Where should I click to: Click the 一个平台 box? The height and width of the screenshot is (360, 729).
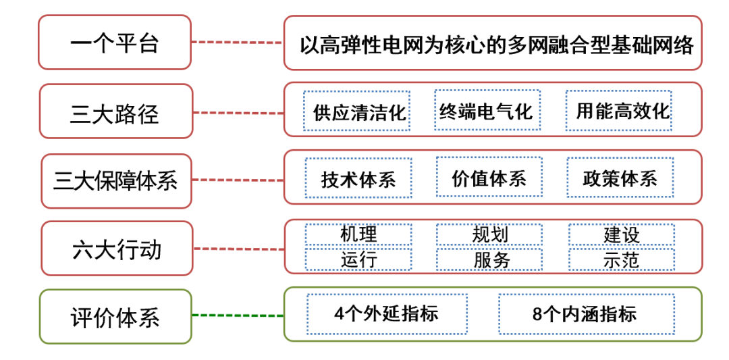(x=115, y=43)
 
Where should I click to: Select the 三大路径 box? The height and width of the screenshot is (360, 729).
(x=116, y=111)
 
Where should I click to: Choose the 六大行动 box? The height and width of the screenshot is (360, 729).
(x=117, y=249)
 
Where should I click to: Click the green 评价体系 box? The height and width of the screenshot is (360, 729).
(x=115, y=317)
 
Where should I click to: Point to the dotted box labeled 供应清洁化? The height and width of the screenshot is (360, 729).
(x=356, y=111)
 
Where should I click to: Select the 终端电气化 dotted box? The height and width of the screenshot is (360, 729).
(x=487, y=110)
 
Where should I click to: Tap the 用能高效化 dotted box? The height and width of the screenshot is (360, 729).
(x=619, y=111)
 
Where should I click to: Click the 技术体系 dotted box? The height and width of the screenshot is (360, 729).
(x=358, y=178)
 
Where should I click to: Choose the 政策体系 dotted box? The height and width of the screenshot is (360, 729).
(x=620, y=178)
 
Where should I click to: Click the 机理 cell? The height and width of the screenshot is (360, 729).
(x=358, y=234)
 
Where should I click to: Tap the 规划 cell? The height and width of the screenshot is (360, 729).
(x=489, y=234)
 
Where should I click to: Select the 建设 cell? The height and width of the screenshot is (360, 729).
(x=622, y=234)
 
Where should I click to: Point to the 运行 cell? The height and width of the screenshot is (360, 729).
(x=358, y=259)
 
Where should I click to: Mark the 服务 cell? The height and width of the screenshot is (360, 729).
(x=489, y=259)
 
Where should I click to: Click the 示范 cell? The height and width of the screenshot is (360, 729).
(x=622, y=259)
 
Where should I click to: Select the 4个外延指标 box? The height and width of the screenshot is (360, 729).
(x=387, y=313)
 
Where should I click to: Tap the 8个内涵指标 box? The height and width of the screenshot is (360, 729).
(x=587, y=313)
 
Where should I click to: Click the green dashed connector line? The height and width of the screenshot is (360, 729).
(x=238, y=316)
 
